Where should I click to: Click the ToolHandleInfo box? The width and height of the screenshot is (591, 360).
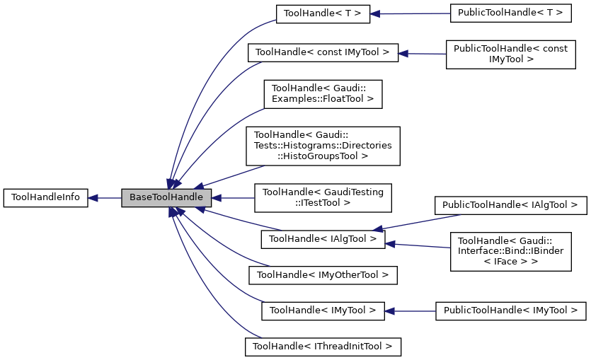(x=45, y=198)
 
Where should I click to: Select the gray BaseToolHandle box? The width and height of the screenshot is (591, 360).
(x=166, y=198)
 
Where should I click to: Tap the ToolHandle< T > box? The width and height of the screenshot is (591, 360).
(x=322, y=13)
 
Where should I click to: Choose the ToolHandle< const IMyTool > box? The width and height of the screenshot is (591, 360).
(x=322, y=52)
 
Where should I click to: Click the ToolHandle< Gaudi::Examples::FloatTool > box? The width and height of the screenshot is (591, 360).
(x=322, y=94)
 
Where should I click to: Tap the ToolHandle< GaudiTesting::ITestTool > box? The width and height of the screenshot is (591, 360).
(x=322, y=197)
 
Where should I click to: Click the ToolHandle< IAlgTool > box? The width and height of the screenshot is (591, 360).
(x=322, y=240)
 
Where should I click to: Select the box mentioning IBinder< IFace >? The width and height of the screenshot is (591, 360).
(x=510, y=251)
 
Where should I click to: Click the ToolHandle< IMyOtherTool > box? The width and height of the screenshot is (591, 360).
(x=322, y=274)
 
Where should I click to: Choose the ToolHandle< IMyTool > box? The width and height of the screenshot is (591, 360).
(x=322, y=310)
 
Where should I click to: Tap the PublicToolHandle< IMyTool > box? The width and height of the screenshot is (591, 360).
(x=510, y=310)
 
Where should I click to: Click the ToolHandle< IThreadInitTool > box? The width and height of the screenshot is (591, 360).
(x=322, y=347)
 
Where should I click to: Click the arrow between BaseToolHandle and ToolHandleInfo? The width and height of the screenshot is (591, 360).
(x=105, y=198)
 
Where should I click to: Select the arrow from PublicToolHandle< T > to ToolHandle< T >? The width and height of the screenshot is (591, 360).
(x=411, y=13)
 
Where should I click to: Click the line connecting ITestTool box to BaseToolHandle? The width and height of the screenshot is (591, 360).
(x=234, y=198)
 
